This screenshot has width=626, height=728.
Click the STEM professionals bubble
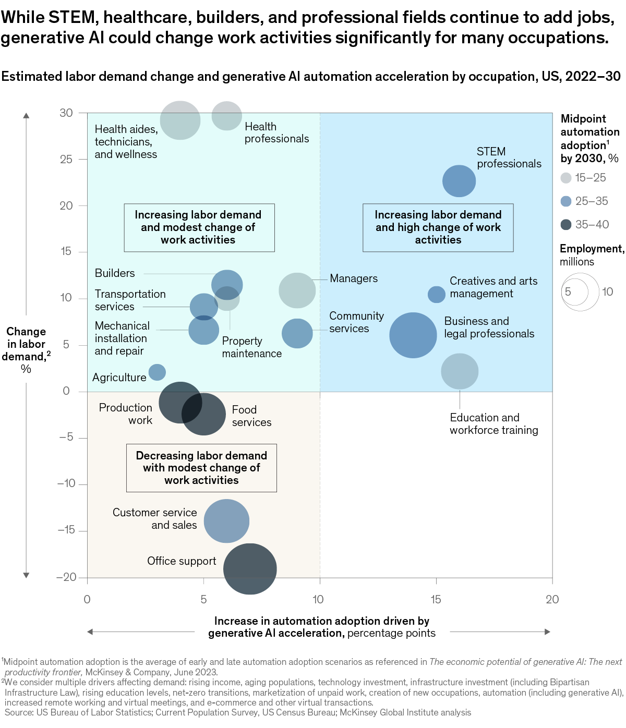[x=459, y=181]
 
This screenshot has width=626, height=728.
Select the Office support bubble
[x=250, y=569]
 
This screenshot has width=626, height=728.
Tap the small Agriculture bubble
[x=157, y=372]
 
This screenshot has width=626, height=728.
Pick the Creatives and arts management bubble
[x=437, y=294]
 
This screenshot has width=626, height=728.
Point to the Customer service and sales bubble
[x=226, y=521]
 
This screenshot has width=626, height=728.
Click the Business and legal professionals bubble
[x=413, y=335]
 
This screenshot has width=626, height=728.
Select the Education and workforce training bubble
[x=460, y=371]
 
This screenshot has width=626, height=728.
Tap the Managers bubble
[x=297, y=290]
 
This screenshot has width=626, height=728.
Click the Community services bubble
[x=297, y=333]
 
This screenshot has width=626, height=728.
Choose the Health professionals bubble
[x=227, y=115]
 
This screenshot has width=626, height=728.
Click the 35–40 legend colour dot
[x=566, y=225]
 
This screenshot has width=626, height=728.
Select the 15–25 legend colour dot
[x=566, y=178]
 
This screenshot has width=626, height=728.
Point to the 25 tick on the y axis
[x=66, y=159]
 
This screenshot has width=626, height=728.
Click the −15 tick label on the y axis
[x=66, y=530]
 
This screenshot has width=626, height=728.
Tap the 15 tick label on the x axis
[x=436, y=600]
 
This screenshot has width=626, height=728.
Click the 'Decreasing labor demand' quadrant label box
[x=201, y=468]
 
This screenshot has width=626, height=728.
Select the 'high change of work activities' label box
[x=438, y=227]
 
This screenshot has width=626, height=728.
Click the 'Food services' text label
[x=251, y=416]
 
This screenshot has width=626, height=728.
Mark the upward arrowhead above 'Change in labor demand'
[x=26, y=115]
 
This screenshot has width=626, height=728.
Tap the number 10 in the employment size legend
[x=608, y=292]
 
